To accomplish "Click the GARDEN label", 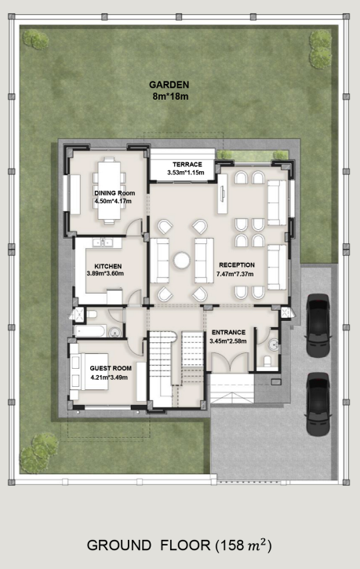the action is (x=169, y=85).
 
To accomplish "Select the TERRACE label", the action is (x=187, y=164).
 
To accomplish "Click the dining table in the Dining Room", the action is (x=109, y=190).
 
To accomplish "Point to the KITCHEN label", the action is (x=108, y=266).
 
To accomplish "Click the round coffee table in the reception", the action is (x=181, y=261).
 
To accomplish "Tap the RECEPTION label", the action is (x=237, y=265).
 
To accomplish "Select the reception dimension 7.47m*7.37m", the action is (x=235, y=274).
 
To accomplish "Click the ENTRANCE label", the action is (x=228, y=332).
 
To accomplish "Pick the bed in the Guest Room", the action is (x=89, y=371).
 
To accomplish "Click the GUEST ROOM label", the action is (x=111, y=368).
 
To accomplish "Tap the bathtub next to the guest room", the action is (x=89, y=330).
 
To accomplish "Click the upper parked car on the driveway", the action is (x=318, y=325).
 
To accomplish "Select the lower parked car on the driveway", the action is (x=318, y=403).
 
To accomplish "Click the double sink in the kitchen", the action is (x=103, y=243).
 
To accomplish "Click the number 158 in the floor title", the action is (x=231, y=545).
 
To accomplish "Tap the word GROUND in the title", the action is (x=119, y=545).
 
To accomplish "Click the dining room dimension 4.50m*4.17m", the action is (x=113, y=201).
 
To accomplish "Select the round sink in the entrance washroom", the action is (x=274, y=345).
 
